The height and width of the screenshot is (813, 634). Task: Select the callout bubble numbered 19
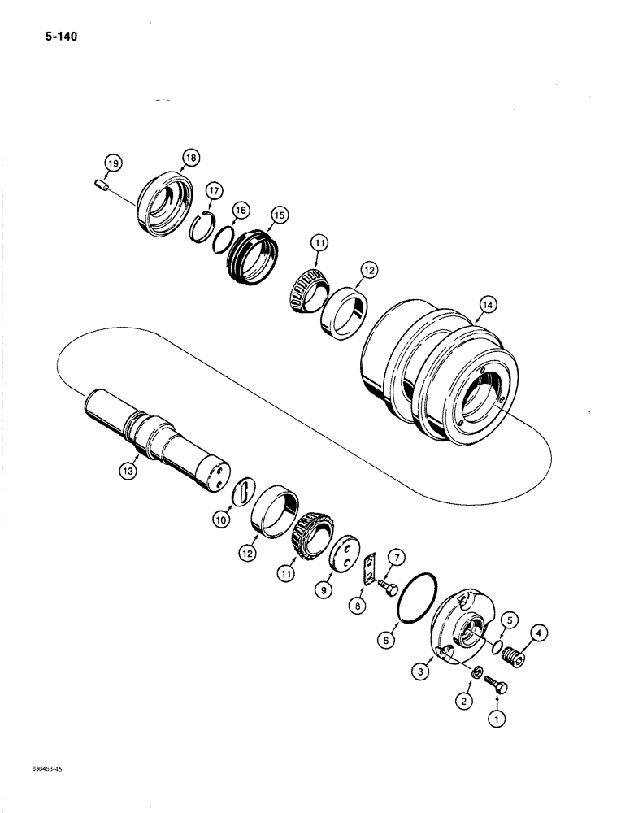[114, 164]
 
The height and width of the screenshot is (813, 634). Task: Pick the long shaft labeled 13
[154, 439]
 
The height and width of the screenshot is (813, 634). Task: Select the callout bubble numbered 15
[279, 215]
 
